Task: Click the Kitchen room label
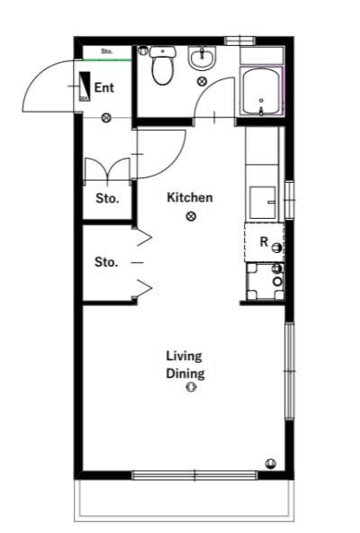(x=190, y=197)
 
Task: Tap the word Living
(x=184, y=357)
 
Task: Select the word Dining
(x=185, y=374)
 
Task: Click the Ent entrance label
(x=103, y=87)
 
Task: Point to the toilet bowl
(x=162, y=70)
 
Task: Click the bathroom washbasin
(x=202, y=58)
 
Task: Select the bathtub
(x=261, y=92)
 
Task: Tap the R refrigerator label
(x=264, y=241)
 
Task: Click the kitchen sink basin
(x=263, y=203)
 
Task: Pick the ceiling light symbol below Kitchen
(x=191, y=216)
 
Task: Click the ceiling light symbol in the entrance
(x=107, y=118)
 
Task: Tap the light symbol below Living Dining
(x=191, y=387)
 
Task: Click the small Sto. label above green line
(x=107, y=51)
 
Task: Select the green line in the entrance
(x=107, y=60)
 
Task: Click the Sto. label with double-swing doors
(x=107, y=198)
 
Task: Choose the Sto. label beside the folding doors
(x=106, y=262)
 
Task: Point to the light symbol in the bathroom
(x=202, y=81)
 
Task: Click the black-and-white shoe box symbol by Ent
(x=85, y=86)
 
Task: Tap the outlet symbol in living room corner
(x=271, y=463)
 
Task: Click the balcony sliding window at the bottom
(x=194, y=475)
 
